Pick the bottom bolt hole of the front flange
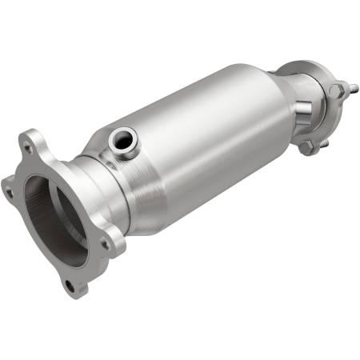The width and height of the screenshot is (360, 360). point(70,285)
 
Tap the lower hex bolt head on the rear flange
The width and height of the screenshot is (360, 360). point(307,146)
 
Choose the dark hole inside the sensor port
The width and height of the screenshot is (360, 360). point(121,139)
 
